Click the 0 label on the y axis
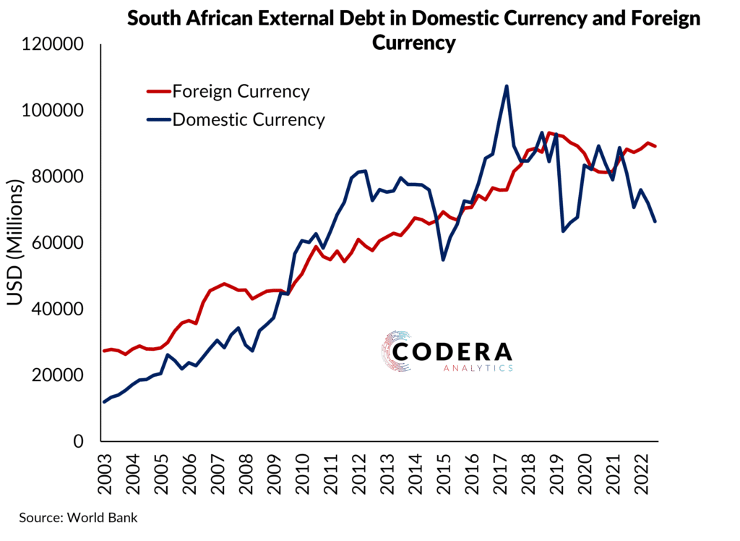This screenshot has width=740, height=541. [82, 442]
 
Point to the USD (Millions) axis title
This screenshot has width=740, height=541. [17, 243]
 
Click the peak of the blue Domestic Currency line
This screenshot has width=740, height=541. [507, 86]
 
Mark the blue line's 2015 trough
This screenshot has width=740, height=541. [443, 260]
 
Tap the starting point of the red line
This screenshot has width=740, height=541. [103, 351]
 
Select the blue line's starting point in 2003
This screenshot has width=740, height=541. [103, 402]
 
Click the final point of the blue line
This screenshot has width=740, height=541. [655, 221]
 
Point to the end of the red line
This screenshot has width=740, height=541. [655, 146]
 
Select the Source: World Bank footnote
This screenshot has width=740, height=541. [78, 518]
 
